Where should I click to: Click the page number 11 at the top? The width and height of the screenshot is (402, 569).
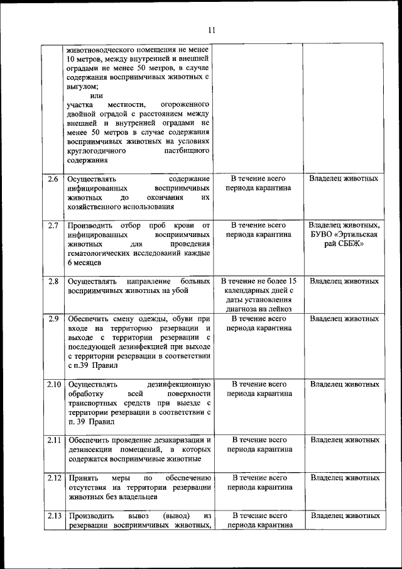[x=211, y=30]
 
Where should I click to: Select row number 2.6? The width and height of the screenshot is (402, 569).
[x=54, y=179]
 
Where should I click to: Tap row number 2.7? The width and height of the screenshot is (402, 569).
[x=54, y=224]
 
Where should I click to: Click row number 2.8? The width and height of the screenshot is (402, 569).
[x=54, y=281]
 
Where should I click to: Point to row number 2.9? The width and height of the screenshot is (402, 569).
[x=54, y=319]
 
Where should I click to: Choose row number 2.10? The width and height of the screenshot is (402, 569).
[x=54, y=384]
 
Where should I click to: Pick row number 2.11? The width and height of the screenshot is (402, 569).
[x=54, y=439]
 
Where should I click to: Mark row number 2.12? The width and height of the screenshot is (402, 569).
[x=54, y=478]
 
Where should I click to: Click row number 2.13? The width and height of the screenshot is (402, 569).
[x=54, y=516]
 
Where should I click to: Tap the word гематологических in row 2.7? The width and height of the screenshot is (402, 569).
[x=98, y=254]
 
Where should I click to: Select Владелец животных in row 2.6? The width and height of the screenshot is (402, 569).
[x=344, y=179]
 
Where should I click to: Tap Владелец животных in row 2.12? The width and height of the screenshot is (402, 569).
[x=344, y=478]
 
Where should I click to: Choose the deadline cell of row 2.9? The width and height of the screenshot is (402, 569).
[x=258, y=323]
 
